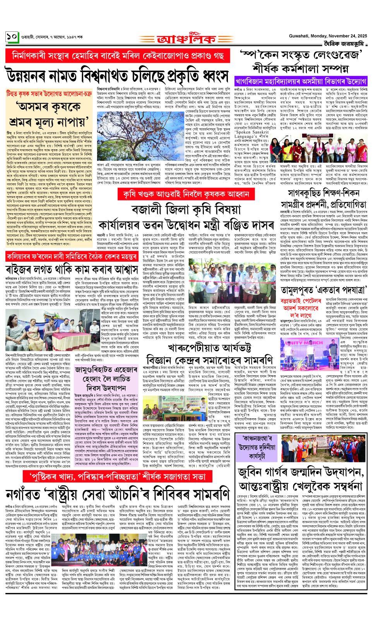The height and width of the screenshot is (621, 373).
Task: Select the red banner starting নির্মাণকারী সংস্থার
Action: pyautogui.click(x=118, y=56)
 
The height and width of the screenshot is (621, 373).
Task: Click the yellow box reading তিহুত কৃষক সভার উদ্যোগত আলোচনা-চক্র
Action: pyautogui.click(x=49, y=94)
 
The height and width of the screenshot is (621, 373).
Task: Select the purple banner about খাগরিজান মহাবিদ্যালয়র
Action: pyautogui.click(x=301, y=81)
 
